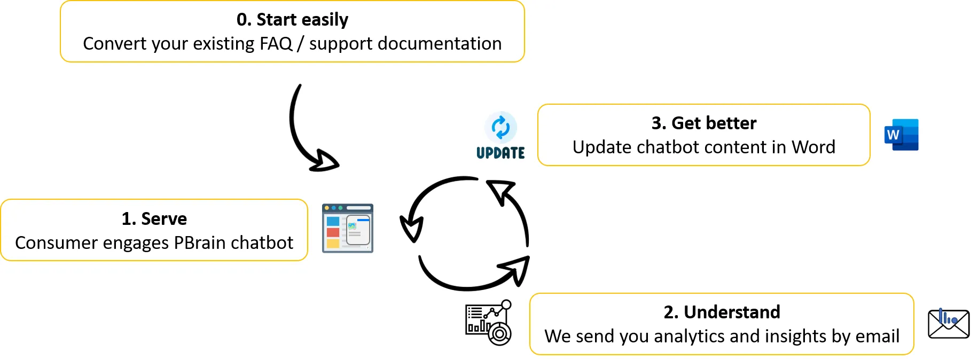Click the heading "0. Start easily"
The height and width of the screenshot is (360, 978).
[x=292, y=20]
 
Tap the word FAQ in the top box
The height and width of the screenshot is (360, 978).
[x=276, y=44]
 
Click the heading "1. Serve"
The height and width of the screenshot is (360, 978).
[x=154, y=219]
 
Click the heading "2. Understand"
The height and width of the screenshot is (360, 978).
[x=722, y=312]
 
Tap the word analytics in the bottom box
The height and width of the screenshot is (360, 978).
[x=689, y=336]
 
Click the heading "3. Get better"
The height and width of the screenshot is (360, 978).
[x=703, y=123]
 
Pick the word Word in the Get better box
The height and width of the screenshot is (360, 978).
[x=813, y=147]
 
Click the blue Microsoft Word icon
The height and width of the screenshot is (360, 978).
[x=901, y=135]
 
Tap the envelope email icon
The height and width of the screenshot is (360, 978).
[x=948, y=324]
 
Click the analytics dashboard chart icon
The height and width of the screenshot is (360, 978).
[x=488, y=322]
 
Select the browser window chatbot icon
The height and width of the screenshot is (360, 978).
[x=348, y=228]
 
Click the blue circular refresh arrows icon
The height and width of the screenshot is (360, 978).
[x=500, y=127]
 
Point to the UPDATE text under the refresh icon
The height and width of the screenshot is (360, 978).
[x=500, y=153]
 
